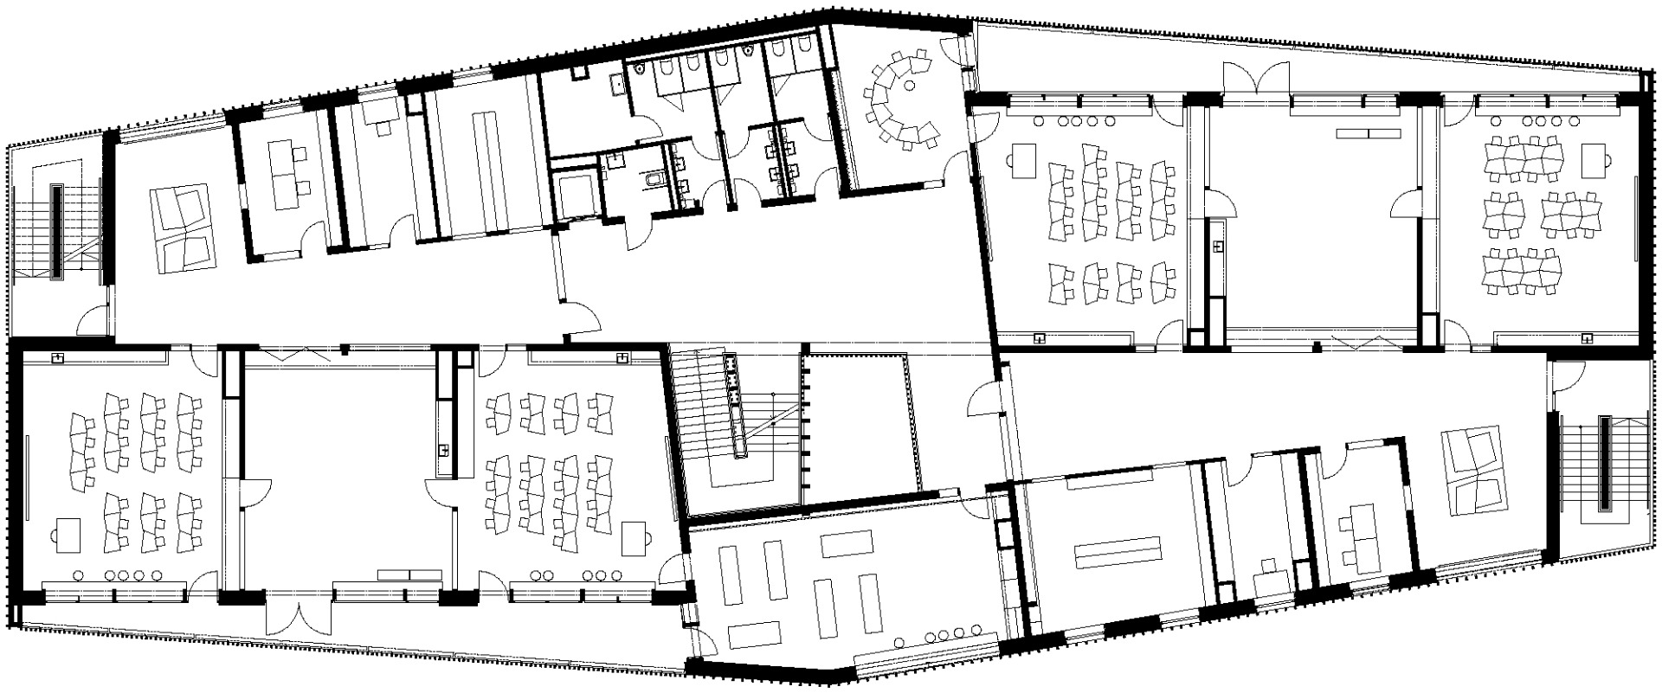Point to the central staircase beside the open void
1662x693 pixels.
pos(734,424)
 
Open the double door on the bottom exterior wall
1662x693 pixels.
pos(297,616)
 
